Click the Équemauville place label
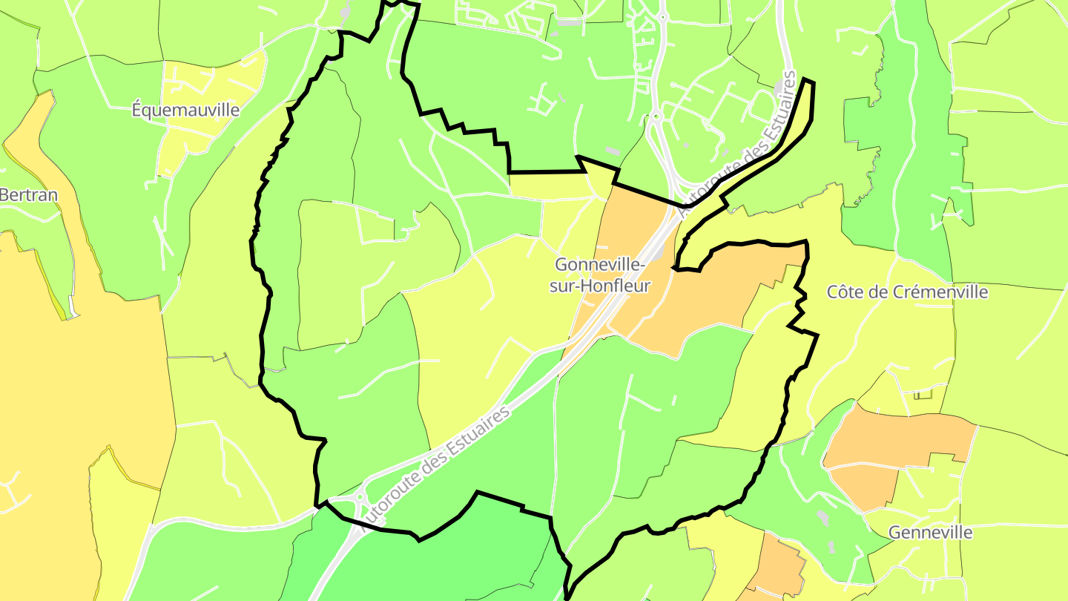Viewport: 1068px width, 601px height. pos(185,111)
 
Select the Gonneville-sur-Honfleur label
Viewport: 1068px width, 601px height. pos(601,275)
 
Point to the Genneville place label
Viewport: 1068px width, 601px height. pos(930,533)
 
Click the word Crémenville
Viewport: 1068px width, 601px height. pos(940,292)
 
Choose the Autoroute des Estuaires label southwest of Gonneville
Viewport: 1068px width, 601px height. pos(438,467)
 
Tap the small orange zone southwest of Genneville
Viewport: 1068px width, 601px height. pos(779,568)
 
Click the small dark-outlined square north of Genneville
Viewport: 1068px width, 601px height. pos(923,394)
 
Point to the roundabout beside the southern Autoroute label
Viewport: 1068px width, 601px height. pos(360,498)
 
